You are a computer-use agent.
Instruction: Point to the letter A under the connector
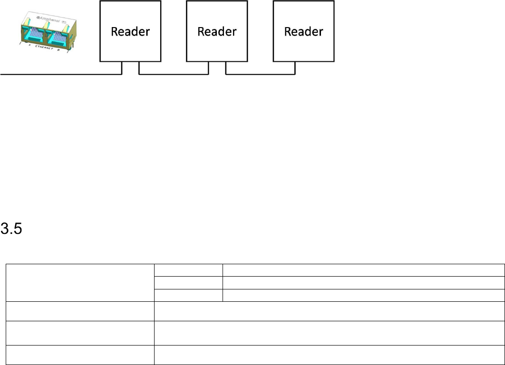click(x=29, y=46)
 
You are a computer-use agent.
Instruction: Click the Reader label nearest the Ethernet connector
click(x=130, y=32)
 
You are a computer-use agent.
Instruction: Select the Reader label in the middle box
click(x=217, y=32)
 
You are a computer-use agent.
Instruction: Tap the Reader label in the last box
click(x=303, y=32)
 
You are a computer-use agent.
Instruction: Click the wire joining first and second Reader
click(x=174, y=74)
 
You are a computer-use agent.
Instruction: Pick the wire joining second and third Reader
click(x=260, y=74)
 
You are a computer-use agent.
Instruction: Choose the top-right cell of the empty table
click(x=363, y=269)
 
